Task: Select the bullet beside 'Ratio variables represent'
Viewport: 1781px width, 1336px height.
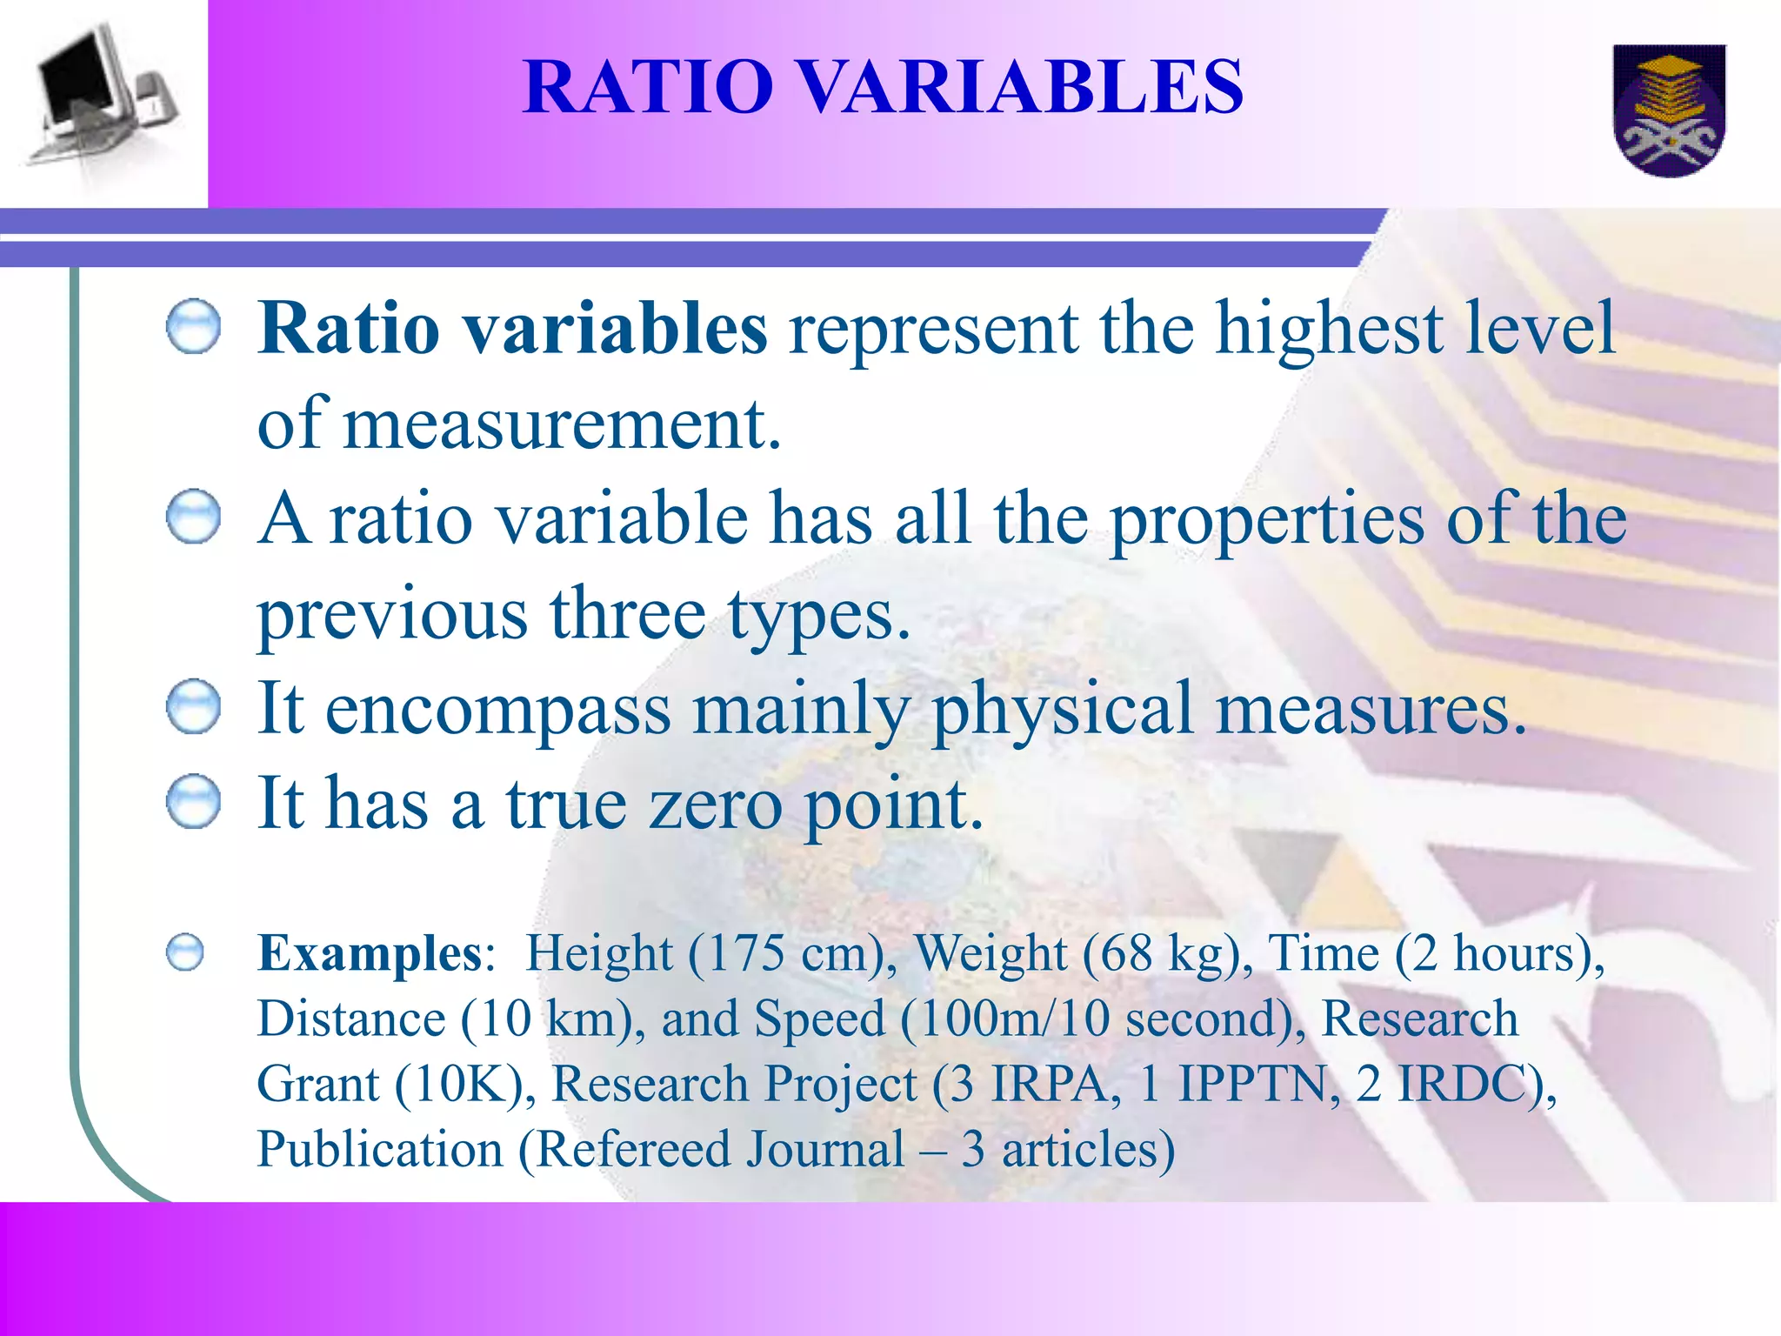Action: (x=193, y=327)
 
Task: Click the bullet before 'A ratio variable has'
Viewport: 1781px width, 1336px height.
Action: (x=193, y=517)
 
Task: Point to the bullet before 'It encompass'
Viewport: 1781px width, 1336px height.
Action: (x=193, y=707)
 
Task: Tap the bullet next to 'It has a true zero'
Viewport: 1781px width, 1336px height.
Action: (x=193, y=801)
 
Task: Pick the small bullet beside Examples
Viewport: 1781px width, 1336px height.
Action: (x=185, y=952)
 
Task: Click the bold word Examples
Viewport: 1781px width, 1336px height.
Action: (x=370, y=953)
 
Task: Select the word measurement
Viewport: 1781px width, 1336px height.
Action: (x=562, y=424)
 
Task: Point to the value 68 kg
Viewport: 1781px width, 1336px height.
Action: (x=1161, y=953)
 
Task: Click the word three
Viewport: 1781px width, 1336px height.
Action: (x=627, y=614)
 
